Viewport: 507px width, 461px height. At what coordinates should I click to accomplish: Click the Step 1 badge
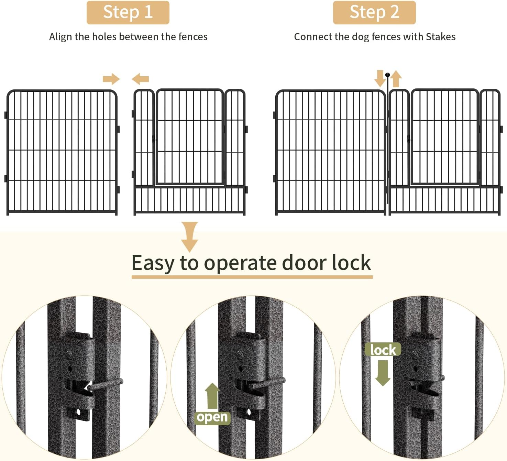(128, 12)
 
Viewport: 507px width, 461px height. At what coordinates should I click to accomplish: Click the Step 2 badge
(374, 12)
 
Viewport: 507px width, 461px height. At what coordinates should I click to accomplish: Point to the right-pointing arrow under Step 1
(111, 79)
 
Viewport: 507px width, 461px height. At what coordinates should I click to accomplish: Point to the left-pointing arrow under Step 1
(140, 79)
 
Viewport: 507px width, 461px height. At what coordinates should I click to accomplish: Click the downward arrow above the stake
(380, 78)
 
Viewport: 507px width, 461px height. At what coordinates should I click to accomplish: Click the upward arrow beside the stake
(396, 79)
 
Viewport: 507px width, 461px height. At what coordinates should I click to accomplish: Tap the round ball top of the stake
(387, 75)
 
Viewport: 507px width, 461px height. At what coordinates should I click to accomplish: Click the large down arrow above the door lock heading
(189, 237)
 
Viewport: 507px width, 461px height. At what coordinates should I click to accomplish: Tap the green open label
(212, 417)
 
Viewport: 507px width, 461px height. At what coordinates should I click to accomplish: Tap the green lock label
(383, 350)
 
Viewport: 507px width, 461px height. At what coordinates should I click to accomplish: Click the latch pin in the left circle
(105, 384)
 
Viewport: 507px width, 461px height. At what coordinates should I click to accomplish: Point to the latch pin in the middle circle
(267, 383)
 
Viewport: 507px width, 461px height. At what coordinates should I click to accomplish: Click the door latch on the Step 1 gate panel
(154, 139)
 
